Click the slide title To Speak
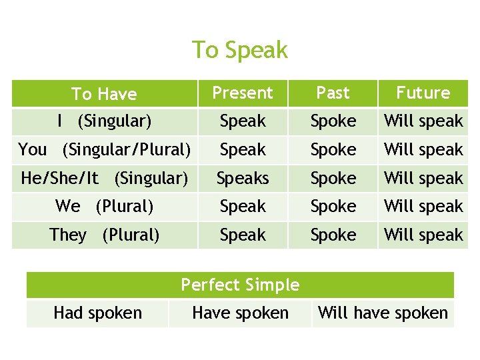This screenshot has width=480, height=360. (240, 50)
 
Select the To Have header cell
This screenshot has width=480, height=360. (104, 94)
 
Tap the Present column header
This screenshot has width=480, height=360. (243, 93)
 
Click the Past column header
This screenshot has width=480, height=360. (333, 93)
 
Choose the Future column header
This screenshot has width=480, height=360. (423, 93)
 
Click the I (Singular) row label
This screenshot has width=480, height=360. (104, 121)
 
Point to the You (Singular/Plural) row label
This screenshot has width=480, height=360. (104, 150)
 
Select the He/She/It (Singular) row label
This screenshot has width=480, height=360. (104, 179)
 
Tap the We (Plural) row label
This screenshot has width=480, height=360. (104, 207)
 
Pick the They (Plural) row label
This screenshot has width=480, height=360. (104, 235)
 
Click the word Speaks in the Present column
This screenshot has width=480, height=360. (243, 179)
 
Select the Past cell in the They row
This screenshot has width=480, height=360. (333, 235)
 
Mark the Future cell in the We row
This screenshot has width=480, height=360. (423, 207)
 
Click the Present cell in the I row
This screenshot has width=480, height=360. (243, 121)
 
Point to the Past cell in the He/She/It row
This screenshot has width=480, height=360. (333, 179)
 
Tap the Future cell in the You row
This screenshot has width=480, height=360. (423, 150)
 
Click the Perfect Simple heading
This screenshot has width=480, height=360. (240, 285)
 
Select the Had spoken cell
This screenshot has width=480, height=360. (97, 313)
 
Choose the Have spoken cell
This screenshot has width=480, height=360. (240, 313)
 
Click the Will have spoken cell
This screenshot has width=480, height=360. (383, 313)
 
